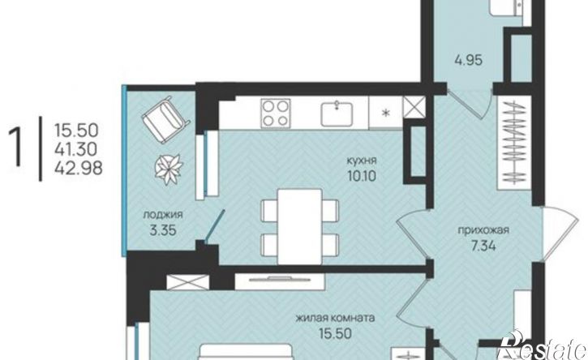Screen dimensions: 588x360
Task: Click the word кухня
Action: [362, 161]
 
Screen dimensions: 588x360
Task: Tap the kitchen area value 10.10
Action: [362, 176]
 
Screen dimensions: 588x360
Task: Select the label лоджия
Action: [163, 215]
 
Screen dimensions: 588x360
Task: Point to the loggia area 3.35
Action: [163, 230]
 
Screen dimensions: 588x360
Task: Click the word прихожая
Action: [483, 230]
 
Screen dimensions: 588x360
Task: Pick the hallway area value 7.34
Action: [483, 246]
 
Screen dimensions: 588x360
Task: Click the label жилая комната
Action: [335, 319]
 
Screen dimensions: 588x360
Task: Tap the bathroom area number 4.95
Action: [469, 60]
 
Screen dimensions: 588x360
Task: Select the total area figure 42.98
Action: [79, 169]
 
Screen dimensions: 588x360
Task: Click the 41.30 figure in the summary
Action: [76, 150]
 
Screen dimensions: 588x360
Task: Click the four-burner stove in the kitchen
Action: [276, 113]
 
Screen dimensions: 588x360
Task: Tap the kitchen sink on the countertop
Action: [337, 114]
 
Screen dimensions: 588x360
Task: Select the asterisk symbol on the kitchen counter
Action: [385, 113]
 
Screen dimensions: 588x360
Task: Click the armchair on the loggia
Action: [165, 119]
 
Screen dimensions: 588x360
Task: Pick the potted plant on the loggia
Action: [170, 169]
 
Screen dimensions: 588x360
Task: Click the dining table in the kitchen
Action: [300, 226]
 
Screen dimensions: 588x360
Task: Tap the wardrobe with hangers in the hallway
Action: [513, 143]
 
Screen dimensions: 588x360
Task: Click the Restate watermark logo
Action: [543, 346]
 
